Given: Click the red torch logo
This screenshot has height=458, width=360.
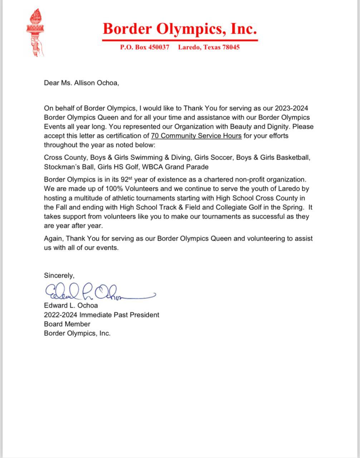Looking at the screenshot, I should [x=35, y=33].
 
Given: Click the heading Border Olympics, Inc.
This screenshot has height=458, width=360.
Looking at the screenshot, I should [x=180, y=29].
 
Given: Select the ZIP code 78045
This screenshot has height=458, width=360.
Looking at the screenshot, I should [x=231, y=47].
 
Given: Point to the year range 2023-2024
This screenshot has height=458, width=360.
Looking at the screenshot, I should [x=292, y=108].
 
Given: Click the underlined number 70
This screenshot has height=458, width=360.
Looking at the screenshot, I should [x=155, y=136].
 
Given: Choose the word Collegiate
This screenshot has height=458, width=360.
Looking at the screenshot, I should [x=231, y=207].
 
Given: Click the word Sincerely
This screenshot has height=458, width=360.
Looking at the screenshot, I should [x=59, y=276].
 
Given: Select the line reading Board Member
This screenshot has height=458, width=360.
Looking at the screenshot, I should [x=67, y=324].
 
